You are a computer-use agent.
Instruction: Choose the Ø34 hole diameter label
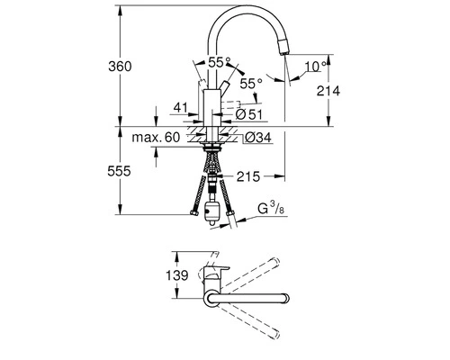pos(257,138)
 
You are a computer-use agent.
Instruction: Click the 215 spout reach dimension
pos(249,176)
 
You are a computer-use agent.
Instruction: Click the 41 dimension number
pos(180,108)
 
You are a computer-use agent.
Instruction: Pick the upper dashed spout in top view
pos(270,269)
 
